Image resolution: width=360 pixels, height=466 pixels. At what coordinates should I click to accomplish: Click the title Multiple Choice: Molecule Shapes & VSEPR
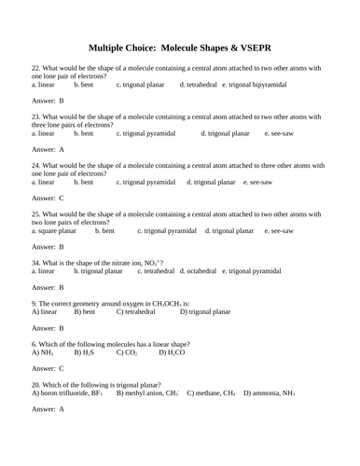pos(179,47)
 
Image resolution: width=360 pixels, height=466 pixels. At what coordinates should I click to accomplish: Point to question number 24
pos(36,165)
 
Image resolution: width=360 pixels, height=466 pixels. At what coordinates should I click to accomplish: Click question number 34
pos(36,263)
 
